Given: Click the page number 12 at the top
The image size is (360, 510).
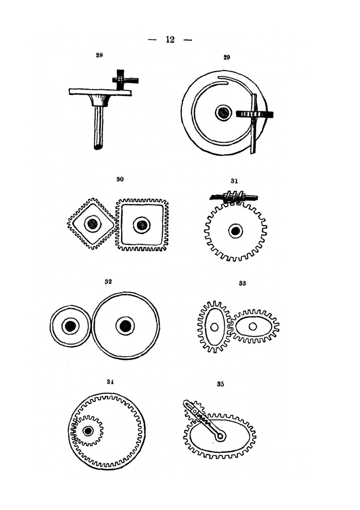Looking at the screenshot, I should (170, 40).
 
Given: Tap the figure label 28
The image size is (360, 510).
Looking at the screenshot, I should (99, 55).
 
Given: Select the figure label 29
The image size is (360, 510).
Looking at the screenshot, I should (226, 57).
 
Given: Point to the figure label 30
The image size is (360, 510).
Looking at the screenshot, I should (120, 179).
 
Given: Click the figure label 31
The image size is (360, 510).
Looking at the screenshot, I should (234, 181).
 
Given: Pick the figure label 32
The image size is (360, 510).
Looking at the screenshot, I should (108, 282).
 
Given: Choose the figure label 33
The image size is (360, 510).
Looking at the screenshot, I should (242, 283).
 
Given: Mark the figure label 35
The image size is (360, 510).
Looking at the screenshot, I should (220, 384).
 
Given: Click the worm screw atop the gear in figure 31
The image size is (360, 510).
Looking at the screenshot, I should (234, 197).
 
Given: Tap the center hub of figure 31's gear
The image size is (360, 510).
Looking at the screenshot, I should (235, 231).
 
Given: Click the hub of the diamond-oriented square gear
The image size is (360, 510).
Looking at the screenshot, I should (93, 224).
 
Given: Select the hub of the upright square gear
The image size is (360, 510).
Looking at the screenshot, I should (142, 225).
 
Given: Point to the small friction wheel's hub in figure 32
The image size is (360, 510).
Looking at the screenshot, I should (70, 326).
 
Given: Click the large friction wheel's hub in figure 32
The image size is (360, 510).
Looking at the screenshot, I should (125, 326).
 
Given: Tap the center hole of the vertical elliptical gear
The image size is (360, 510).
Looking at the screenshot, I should (214, 327).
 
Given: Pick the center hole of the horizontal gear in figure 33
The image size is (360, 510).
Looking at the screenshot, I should (253, 326).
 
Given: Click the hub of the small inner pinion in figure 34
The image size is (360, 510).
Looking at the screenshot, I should (87, 431).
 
